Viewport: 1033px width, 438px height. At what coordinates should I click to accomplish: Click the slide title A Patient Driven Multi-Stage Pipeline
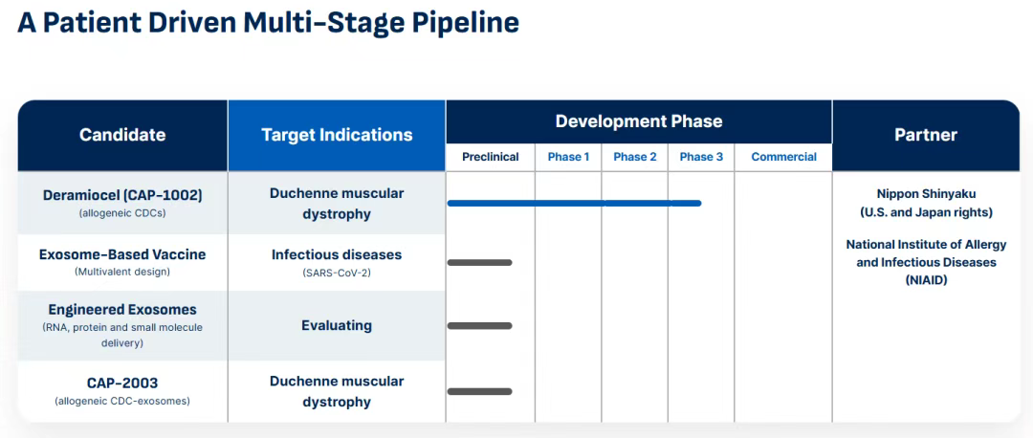point(268,23)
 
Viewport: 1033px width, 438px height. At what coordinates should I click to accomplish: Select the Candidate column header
point(122,135)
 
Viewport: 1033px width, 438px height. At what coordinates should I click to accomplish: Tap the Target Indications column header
point(337,135)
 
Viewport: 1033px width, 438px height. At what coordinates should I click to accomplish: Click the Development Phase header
point(638,121)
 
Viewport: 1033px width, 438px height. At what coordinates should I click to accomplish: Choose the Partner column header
point(926,135)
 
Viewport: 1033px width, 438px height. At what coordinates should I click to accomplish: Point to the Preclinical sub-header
point(490,157)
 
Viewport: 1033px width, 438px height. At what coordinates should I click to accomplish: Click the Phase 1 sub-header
point(568,157)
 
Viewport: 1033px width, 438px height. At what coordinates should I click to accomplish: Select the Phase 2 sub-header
point(635,157)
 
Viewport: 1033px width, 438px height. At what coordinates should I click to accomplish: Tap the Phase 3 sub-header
point(701,157)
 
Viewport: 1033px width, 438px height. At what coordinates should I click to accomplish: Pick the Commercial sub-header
point(784,157)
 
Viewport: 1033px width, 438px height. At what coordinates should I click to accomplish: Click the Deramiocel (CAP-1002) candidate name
point(122,196)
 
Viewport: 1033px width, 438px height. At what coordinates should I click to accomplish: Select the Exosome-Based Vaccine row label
point(122,255)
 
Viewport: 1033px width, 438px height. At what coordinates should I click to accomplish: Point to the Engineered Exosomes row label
point(122,310)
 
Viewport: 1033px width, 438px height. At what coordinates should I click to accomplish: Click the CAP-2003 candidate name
point(122,383)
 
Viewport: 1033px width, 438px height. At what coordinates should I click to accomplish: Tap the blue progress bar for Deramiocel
point(574,203)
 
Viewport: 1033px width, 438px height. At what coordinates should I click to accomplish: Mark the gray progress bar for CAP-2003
point(479,392)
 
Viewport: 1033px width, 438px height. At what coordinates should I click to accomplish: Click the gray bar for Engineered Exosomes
point(479,325)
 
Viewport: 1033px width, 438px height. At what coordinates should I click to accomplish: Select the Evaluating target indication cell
point(337,325)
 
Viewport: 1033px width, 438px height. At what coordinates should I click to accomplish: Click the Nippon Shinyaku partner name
point(926,193)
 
